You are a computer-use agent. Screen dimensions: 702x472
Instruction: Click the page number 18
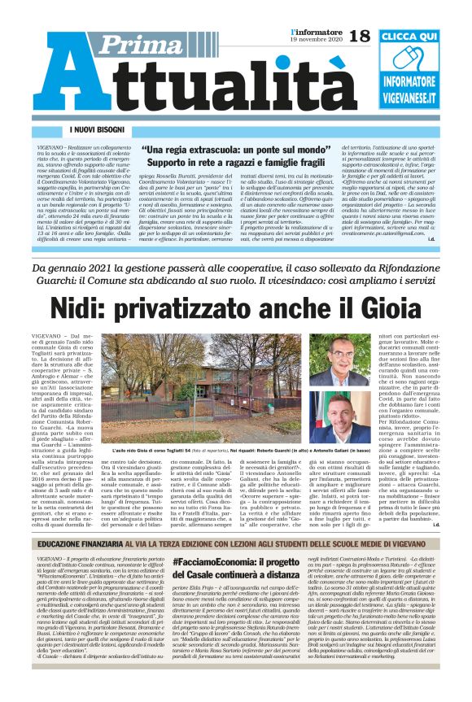click(361, 35)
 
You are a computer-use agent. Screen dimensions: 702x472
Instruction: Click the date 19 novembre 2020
click(314, 40)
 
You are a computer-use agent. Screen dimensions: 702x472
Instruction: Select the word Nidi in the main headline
click(100, 308)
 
